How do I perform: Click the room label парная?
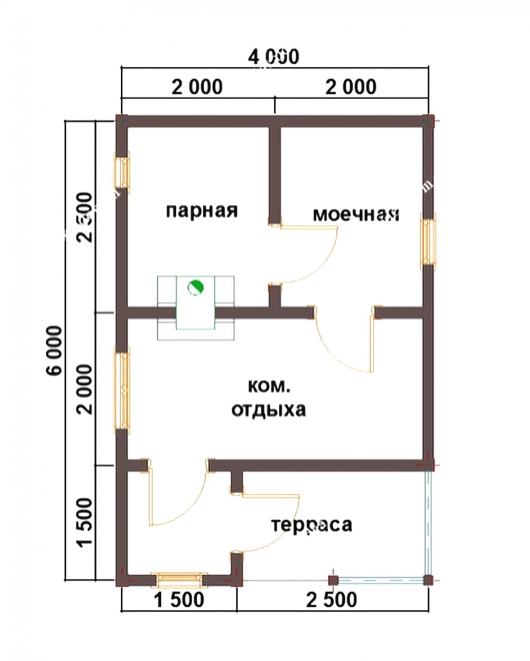[x=202, y=211]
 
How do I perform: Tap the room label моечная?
[x=356, y=214]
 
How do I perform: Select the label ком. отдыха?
[x=268, y=398]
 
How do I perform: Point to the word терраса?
[x=311, y=525]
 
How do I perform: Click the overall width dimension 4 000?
[x=274, y=57]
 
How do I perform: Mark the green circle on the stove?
[x=195, y=288]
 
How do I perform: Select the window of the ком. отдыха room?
[x=122, y=389]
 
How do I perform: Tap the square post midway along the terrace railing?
[x=333, y=580]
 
